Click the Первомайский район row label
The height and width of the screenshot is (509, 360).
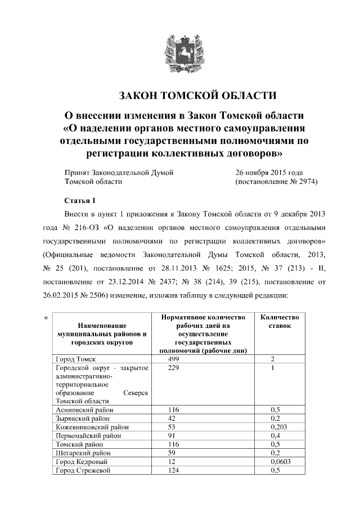(88, 436)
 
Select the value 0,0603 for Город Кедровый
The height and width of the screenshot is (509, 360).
(280, 462)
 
